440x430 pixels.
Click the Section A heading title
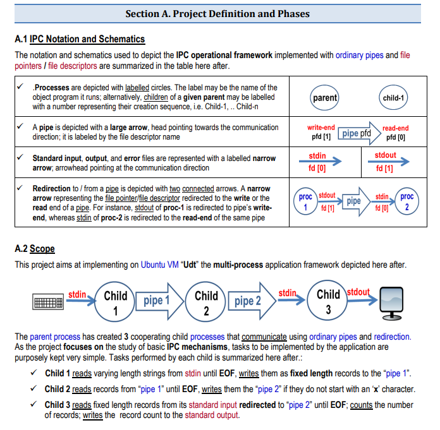coord(217,13)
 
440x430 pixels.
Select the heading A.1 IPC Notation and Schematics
coord(80,40)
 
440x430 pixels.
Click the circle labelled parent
coord(325,98)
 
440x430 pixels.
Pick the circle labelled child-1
coord(393,98)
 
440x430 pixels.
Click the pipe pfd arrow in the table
coord(358,133)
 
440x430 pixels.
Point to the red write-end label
coord(321,128)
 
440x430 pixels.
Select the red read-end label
coord(396,128)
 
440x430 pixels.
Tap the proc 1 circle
coord(305,202)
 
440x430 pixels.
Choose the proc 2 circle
coord(407,202)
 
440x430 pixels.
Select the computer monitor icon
coord(389,299)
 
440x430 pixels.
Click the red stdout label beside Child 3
coord(358,292)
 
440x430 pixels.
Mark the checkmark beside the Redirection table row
coord(21,188)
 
